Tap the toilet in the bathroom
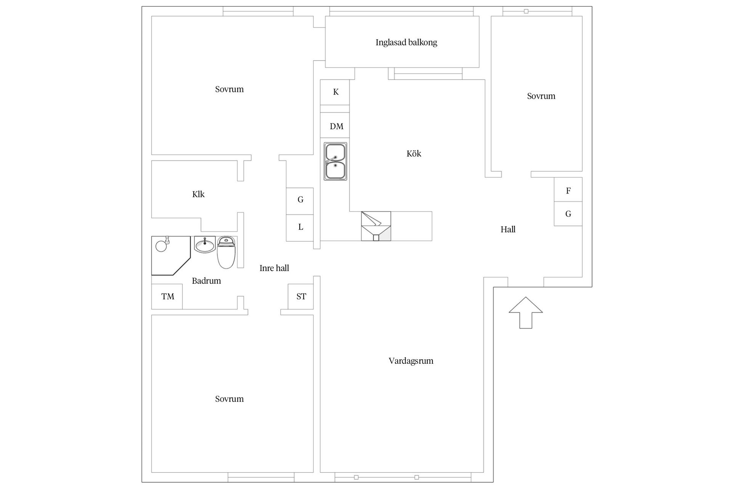(x=226, y=252)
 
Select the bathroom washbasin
(x=205, y=244)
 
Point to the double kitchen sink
(x=335, y=161)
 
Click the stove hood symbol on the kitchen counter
(x=376, y=226)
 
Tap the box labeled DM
(x=335, y=125)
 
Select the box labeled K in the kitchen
(x=335, y=92)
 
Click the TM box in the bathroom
(x=167, y=297)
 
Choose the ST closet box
(x=301, y=297)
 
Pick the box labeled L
(x=300, y=228)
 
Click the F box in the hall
(x=568, y=189)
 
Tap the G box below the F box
(x=568, y=213)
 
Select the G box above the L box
(x=300, y=201)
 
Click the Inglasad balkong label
(x=406, y=42)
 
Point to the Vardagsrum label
(x=411, y=361)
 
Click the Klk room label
(x=198, y=194)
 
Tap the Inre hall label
(x=274, y=268)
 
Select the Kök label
(x=414, y=154)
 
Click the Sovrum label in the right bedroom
(x=541, y=96)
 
